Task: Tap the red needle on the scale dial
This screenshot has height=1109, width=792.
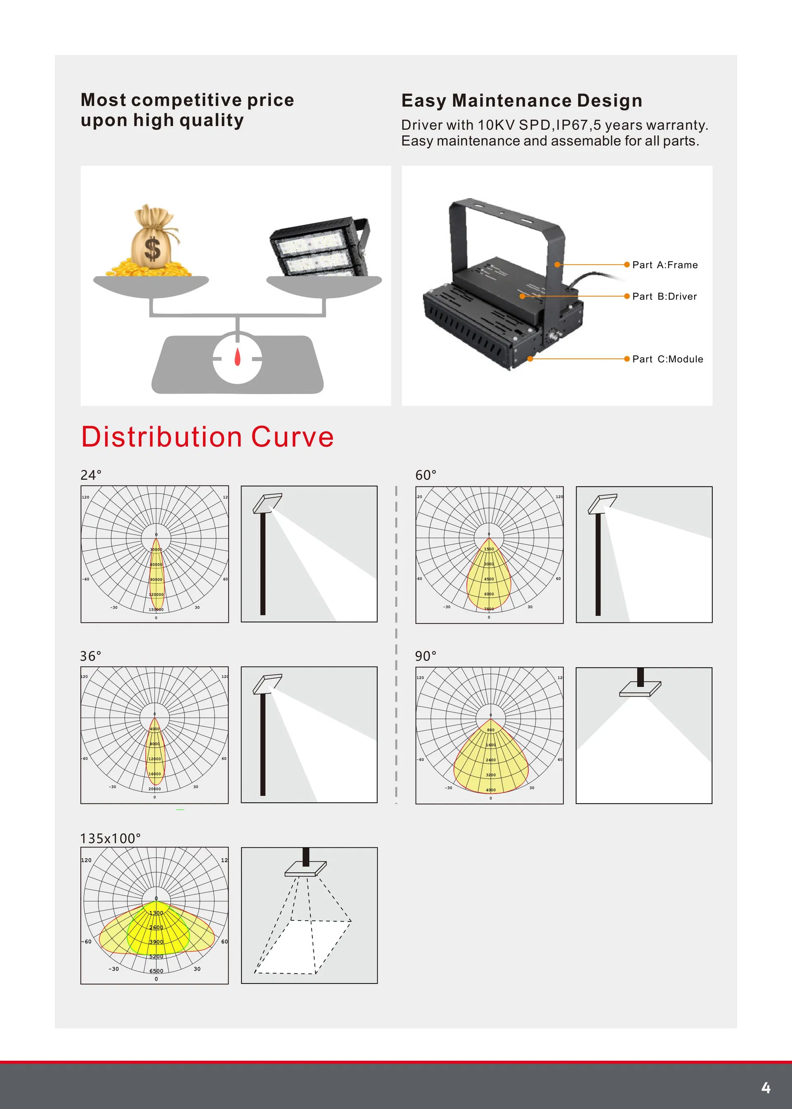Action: coord(237,357)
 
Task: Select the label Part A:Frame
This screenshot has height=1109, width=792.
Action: coord(665,265)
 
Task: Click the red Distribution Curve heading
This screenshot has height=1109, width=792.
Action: coord(207,437)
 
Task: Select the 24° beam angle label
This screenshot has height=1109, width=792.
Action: coord(91,475)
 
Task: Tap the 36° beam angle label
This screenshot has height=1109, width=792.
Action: coord(91,656)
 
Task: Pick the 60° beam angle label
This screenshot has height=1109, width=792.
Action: coord(426,475)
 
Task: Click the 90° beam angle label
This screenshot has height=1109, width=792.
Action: coord(426,656)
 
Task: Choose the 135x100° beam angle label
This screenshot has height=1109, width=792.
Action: coord(110,838)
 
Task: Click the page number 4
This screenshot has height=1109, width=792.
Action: coord(766,1088)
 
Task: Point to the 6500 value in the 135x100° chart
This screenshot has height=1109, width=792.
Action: coord(156,971)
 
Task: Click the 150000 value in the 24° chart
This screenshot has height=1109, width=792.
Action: coord(156,610)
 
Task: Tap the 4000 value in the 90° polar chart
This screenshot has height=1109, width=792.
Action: coord(491,790)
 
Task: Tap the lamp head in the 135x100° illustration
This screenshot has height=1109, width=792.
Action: coord(306,868)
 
